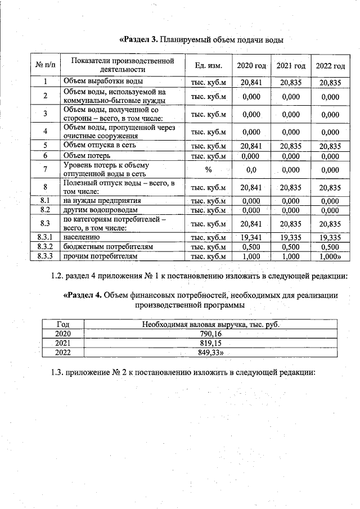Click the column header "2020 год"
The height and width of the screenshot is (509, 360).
point(251,66)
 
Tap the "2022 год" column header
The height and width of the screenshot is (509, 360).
point(330,66)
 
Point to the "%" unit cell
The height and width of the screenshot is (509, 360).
point(208,169)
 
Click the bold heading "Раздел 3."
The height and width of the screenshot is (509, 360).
point(139,40)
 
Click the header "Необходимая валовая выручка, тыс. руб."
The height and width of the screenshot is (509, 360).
point(210,324)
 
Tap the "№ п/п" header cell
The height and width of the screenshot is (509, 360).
point(44,66)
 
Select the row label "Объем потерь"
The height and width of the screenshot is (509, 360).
point(87,155)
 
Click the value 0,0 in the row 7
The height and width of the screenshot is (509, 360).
point(251,169)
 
